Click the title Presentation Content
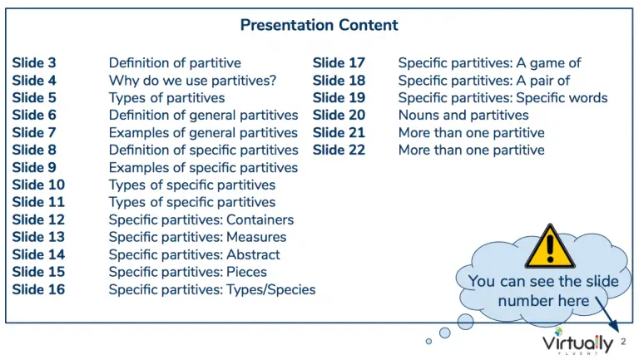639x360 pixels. tap(319, 25)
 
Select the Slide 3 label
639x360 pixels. tap(34, 63)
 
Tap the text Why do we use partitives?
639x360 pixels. tap(192, 81)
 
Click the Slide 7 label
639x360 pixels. tap(34, 133)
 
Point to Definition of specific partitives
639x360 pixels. tap(203, 150)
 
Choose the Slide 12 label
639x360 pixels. tap(38, 220)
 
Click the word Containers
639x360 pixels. tap(260, 220)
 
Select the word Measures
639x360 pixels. tap(256, 237)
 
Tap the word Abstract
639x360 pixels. tap(253, 254)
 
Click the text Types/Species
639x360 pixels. tap(271, 290)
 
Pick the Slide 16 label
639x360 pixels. tap(38, 289)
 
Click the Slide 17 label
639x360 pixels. tap(339, 63)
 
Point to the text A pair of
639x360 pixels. tap(542, 81)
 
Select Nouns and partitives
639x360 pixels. tap(463, 116)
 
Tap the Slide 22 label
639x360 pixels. tap(339, 150)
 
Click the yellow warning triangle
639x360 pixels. tap(550, 246)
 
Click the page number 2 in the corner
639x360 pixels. tap(623, 342)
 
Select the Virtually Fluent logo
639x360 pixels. tap(577, 343)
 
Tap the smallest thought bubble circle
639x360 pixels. tap(428, 341)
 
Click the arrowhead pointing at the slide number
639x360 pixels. tap(615, 327)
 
